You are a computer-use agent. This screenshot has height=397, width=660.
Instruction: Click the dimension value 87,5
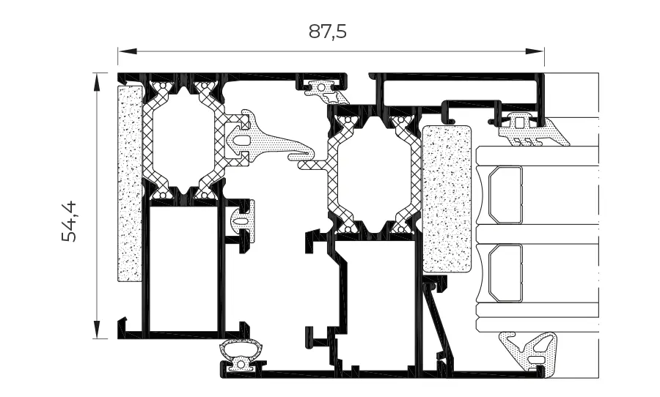coord(328,31)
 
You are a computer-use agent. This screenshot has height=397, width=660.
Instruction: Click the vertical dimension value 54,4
coord(69,222)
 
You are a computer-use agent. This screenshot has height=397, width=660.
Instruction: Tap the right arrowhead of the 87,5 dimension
coord(534,51)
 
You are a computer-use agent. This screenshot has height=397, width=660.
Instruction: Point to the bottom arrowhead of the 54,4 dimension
coord(97,330)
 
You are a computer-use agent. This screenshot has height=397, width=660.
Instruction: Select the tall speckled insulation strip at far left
coord(130,183)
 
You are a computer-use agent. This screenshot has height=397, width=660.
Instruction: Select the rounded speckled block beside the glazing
coord(447,199)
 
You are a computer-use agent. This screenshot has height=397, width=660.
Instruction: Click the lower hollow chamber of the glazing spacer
coord(505,273)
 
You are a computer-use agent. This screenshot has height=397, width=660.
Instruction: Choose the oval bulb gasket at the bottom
coord(242,355)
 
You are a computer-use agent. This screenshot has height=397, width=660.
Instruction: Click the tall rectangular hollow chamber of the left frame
coord(183,268)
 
